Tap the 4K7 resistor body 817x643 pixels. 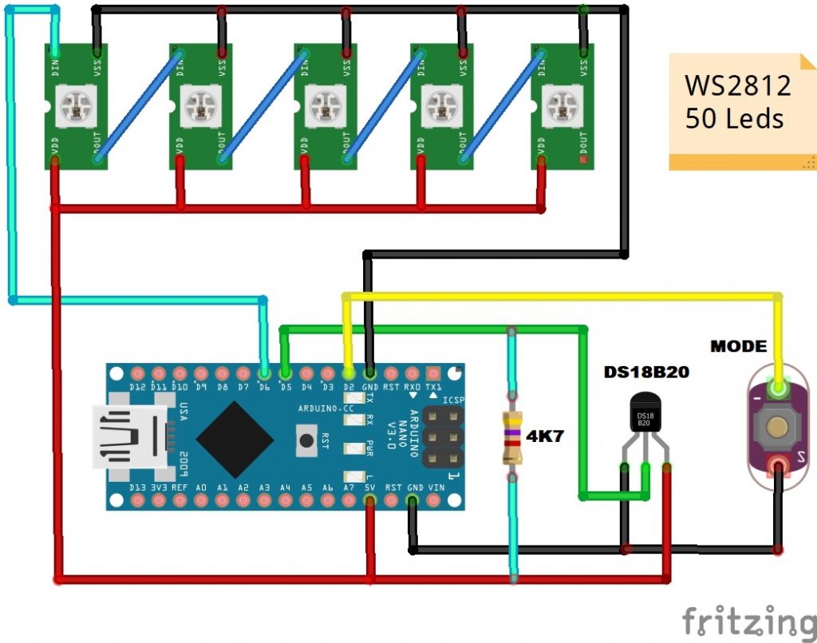511,438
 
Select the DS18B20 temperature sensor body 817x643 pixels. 645,414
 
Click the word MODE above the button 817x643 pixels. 738,347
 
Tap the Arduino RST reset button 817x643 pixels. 305,438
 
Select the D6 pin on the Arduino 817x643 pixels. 264,373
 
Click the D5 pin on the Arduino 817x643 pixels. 285,373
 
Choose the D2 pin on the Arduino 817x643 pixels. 348,373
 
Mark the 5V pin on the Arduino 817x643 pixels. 369,500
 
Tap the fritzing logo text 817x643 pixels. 748,619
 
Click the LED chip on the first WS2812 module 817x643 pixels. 76,104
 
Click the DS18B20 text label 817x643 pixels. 645,373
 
